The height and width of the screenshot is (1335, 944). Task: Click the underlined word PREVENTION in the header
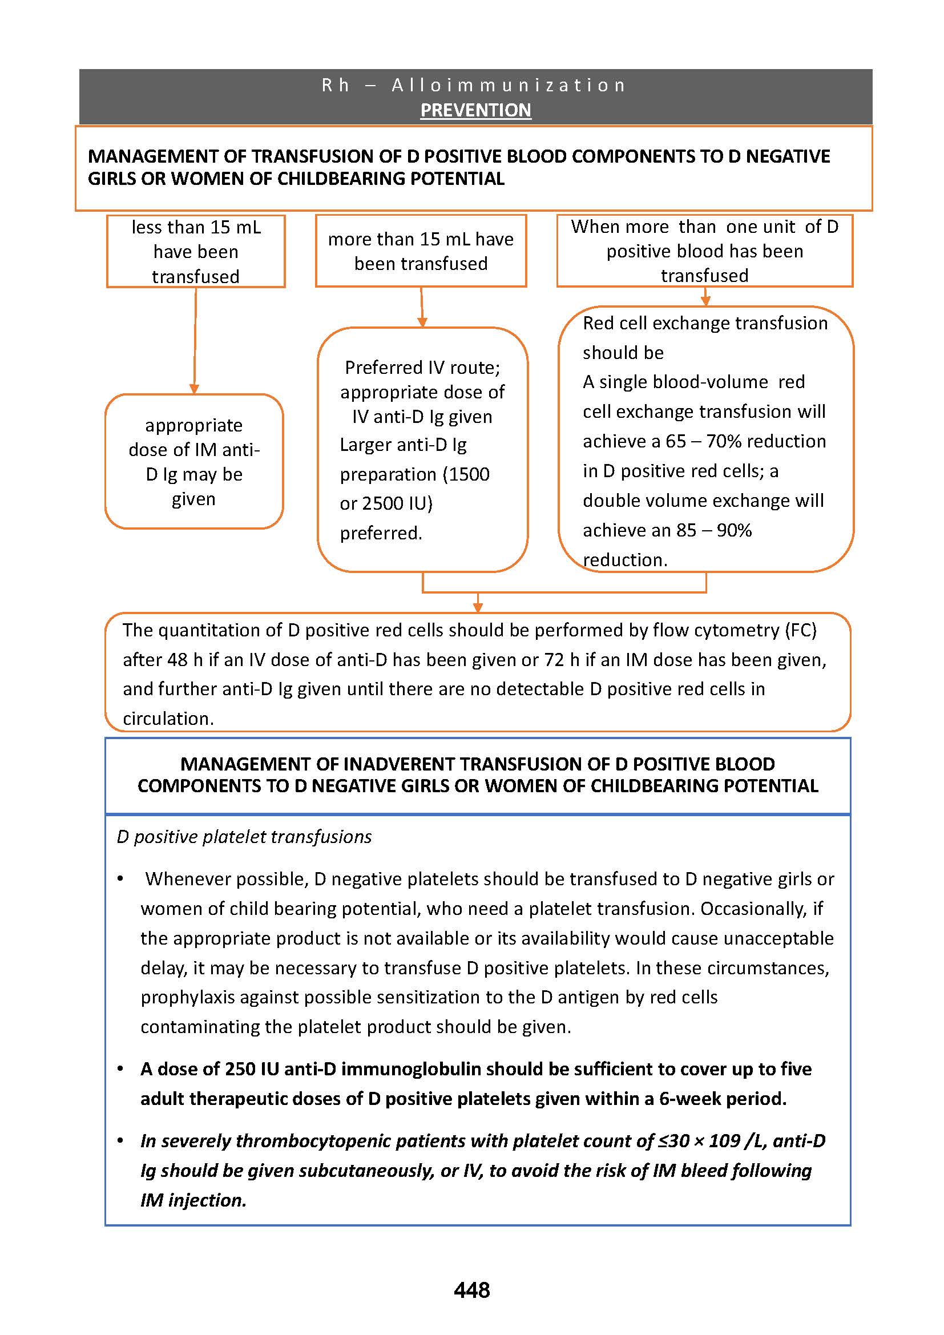(x=475, y=110)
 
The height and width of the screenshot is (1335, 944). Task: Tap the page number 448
(x=471, y=1290)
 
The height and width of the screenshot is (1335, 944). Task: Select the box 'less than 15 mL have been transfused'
(x=196, y=251)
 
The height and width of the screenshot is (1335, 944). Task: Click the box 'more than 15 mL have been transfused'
(x=421, y=251)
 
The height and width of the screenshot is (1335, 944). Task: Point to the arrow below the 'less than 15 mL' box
(x=195, y=340)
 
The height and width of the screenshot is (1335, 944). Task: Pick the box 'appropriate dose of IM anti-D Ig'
(x=194, y=462)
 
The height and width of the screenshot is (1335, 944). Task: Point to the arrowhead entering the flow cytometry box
(x=478, y=607)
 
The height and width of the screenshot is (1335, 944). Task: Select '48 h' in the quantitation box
(x=177, y=660)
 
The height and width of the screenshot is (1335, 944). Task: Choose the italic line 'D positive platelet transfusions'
(x=244, y=837)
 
